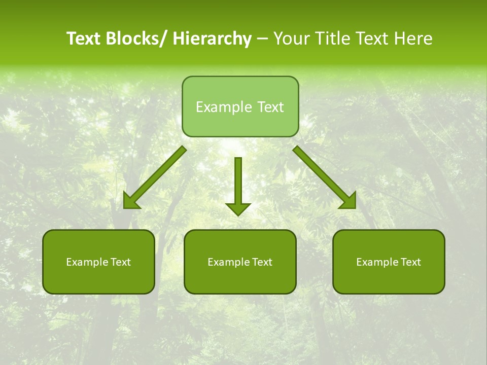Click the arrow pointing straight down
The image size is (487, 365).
(238, 185)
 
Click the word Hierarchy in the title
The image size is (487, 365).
(212, 39)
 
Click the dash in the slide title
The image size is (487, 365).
(262, 39)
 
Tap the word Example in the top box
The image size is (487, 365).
(224, 107)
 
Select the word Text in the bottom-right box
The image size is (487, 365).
(410, 262)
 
